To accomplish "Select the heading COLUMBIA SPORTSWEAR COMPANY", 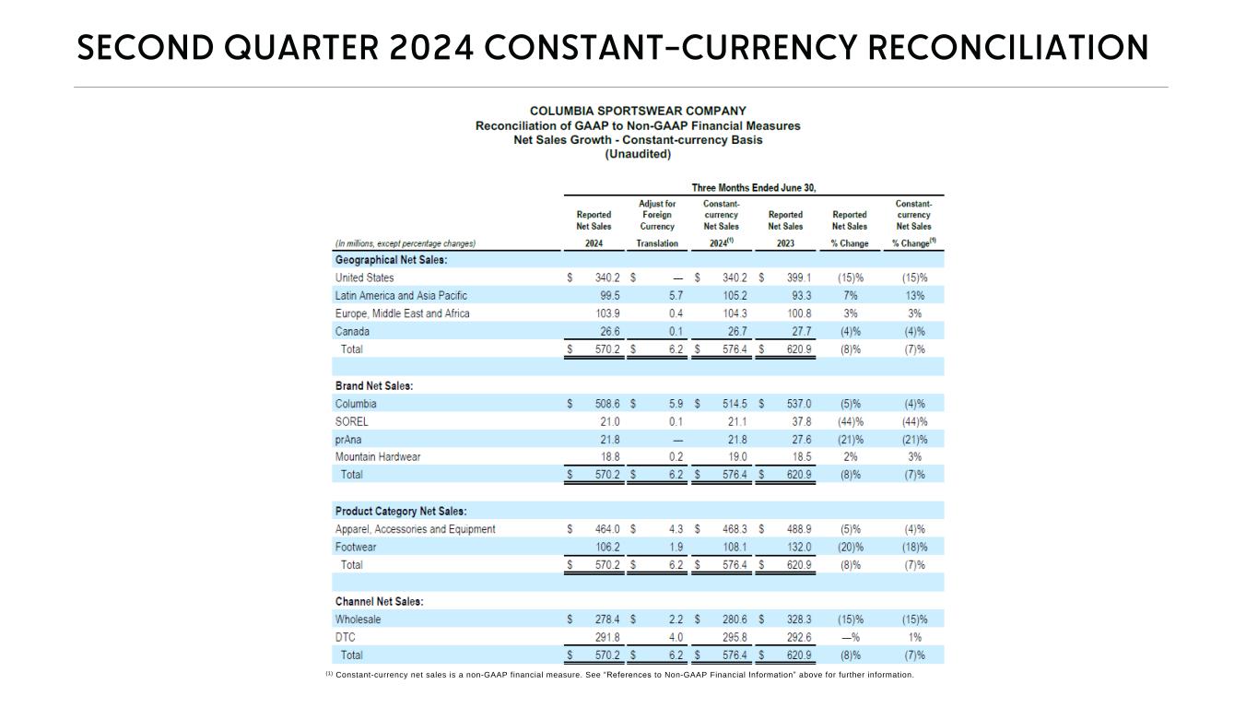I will click(638, 111).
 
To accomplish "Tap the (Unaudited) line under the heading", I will click(638, 154).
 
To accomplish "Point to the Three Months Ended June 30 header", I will click(754, 188).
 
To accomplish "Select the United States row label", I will click(364, 277).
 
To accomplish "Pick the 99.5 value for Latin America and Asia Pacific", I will click(609, 296).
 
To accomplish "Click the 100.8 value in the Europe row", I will click(798, 313).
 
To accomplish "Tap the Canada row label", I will click(352, 332).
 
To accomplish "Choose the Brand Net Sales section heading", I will click(373, 386).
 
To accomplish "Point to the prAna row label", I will click(348, 440).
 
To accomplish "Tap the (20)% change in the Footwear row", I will click(850, 548).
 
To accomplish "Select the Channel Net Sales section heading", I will click(379, 602).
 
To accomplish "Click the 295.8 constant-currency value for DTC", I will click(735, 637).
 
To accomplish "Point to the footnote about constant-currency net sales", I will click(619, 675).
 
